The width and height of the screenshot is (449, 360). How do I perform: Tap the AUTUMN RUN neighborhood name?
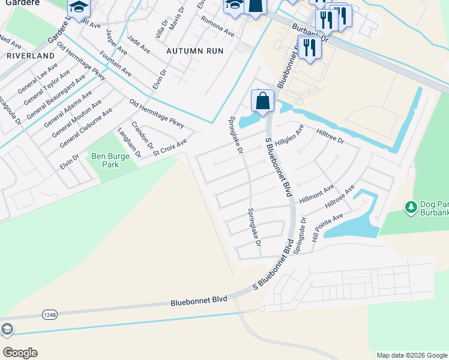(195, 51)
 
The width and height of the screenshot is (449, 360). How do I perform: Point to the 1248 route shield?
(50, 314)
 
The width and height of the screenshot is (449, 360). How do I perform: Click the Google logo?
(20, 352)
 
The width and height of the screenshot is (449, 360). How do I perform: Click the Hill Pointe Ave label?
(327, 224)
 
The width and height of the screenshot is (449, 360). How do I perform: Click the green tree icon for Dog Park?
(411, 207)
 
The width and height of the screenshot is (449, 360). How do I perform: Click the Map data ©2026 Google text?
(411, 355)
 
